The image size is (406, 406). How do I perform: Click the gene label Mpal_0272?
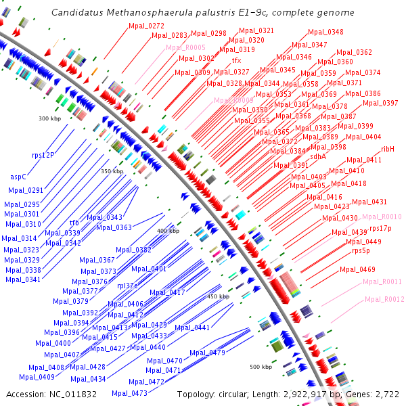(146, 26)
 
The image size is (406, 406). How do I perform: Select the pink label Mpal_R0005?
(185, 47)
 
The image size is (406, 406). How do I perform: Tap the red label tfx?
(236, 60)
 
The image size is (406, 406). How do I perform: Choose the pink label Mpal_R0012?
(384, 298)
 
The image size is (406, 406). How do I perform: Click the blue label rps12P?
(43, 155)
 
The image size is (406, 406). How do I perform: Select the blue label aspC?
(18, 177)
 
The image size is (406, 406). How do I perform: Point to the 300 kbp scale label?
(49, 118)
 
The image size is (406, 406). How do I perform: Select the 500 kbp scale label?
(261, 367)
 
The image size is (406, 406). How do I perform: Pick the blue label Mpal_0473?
(129, 393)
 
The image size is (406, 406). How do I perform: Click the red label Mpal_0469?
(357, 269)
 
